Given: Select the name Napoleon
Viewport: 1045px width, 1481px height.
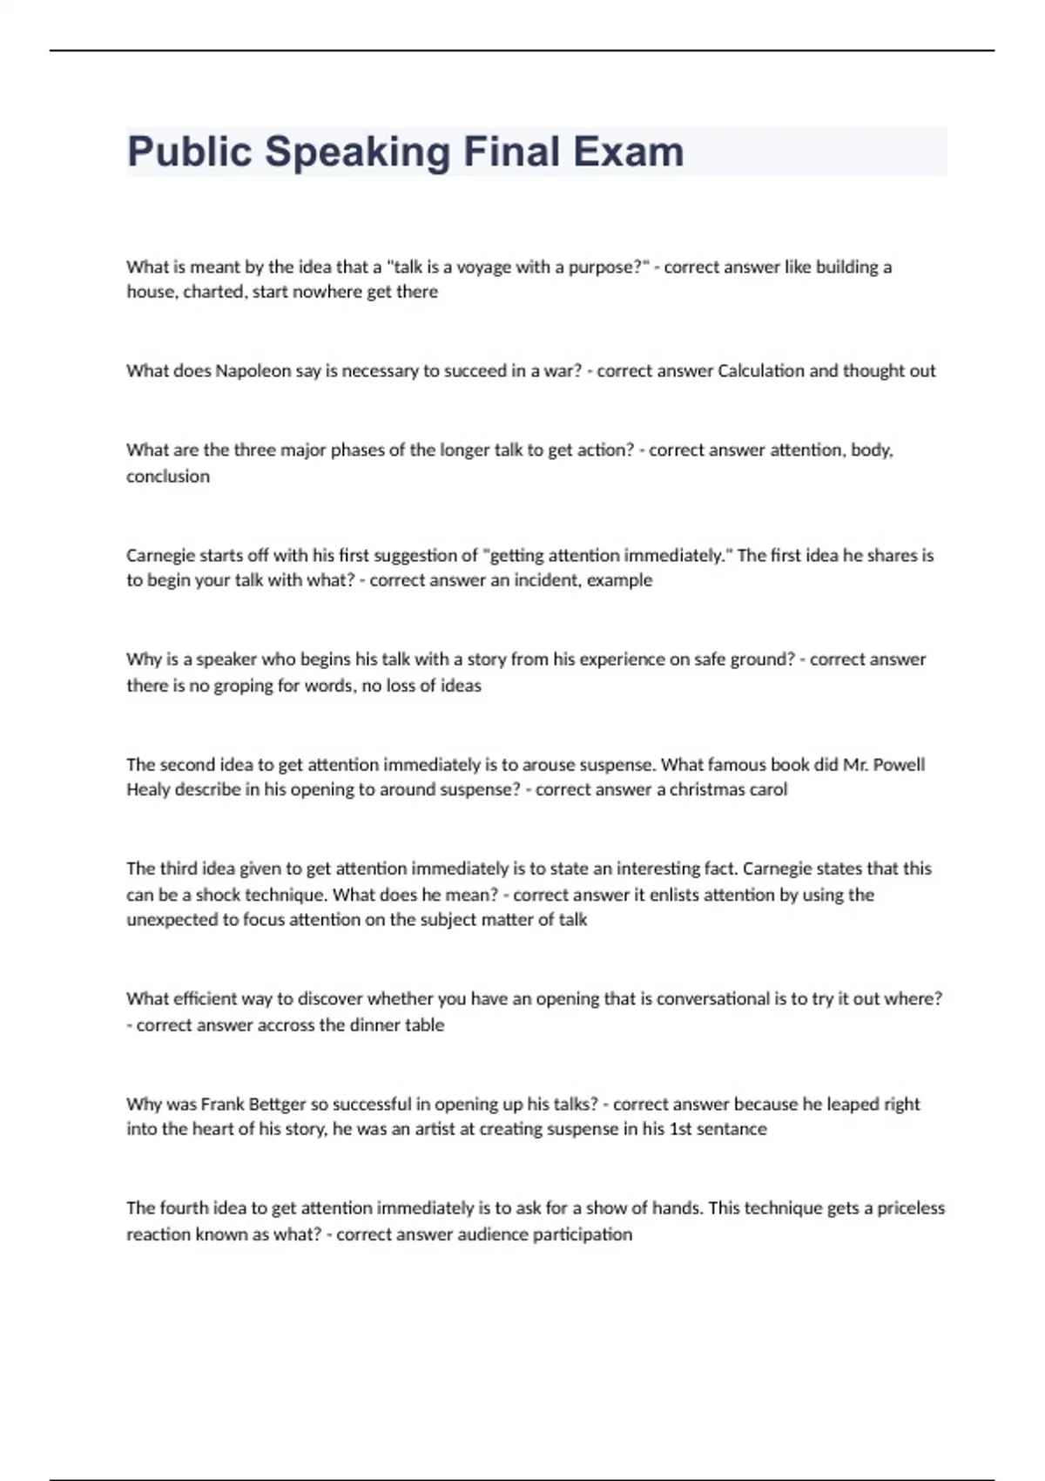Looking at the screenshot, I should coord(253,371).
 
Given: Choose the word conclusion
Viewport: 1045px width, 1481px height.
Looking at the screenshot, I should coord(168,477).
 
